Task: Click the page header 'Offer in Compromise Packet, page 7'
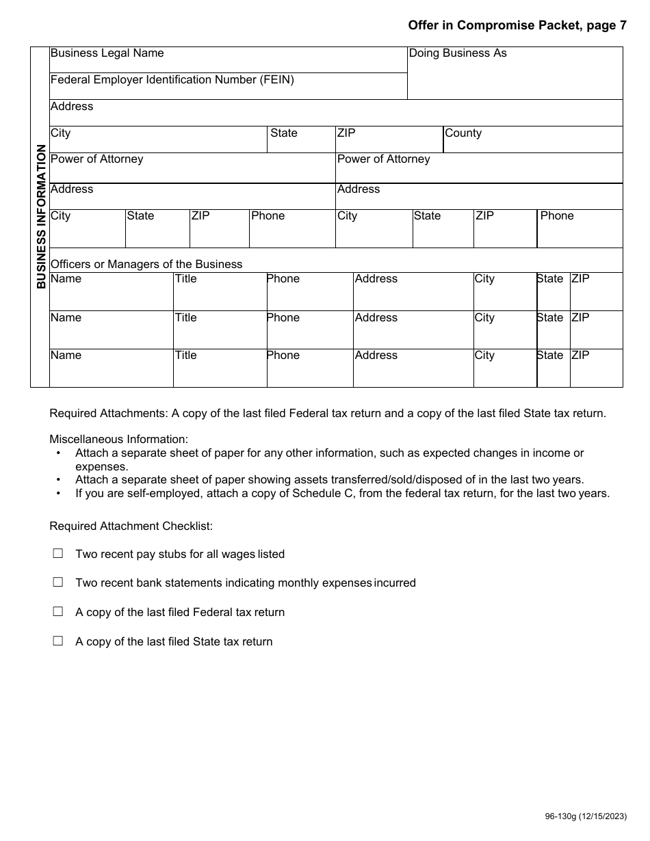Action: click(517, 26)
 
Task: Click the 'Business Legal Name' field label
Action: click(107, 53)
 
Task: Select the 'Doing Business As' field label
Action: click(458, 53)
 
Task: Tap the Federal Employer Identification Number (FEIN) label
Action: click(172, 80)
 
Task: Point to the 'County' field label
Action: click(463, 133)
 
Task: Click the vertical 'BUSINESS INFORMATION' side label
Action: click(41, 216)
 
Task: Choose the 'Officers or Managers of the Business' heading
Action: click(146, 265)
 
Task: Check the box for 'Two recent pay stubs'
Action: click(58, 554)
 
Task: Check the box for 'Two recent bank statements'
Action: click(58, 583)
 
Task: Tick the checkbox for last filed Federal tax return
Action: click(58, 612)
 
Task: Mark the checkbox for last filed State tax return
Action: click(58, 641)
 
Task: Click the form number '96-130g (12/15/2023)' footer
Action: click(585, 816)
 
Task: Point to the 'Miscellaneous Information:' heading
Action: click(118, 439)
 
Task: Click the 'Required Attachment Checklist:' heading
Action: click(131, 526)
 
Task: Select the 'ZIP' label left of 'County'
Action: click(346, 133)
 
